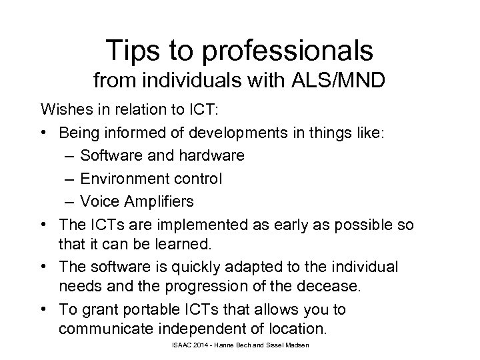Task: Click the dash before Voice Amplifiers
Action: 70,202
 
